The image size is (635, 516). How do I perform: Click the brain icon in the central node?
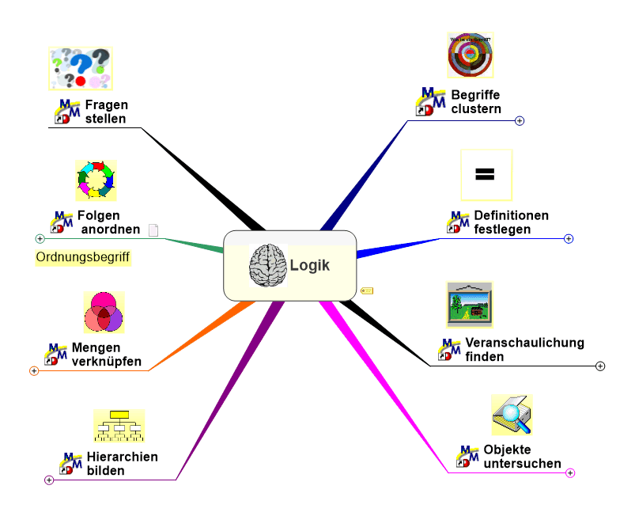click(266, 265)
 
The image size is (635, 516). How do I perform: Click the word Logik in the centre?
click(310, 265)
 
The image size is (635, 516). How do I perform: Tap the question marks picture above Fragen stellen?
click(81, 68)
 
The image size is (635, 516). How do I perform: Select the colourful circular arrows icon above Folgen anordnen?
click(96, 180)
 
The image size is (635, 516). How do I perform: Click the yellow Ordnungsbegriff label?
click(83, 257)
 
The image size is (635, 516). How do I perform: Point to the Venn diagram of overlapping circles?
click(104, 312)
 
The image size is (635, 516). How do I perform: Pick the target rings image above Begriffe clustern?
click(471, 55)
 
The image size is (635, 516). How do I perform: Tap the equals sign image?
click(486, 174)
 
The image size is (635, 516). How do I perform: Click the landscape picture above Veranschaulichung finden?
click(469, 305)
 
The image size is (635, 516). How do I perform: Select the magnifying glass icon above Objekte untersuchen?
click(511, 415)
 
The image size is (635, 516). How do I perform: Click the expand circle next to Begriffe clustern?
click(520, 121)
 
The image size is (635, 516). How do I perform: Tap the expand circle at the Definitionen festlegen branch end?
click(569, 238)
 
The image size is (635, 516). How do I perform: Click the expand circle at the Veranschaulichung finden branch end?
click(600, 366)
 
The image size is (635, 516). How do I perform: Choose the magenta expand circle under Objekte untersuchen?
click(570, 472)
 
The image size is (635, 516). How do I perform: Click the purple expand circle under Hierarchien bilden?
click(49, 480)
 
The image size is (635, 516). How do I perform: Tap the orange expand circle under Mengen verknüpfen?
click(34, 370)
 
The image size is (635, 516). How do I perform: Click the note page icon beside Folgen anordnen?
click(153, 230)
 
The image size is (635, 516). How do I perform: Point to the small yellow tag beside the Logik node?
click(367, 290)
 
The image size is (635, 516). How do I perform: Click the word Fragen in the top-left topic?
click(107, 104)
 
